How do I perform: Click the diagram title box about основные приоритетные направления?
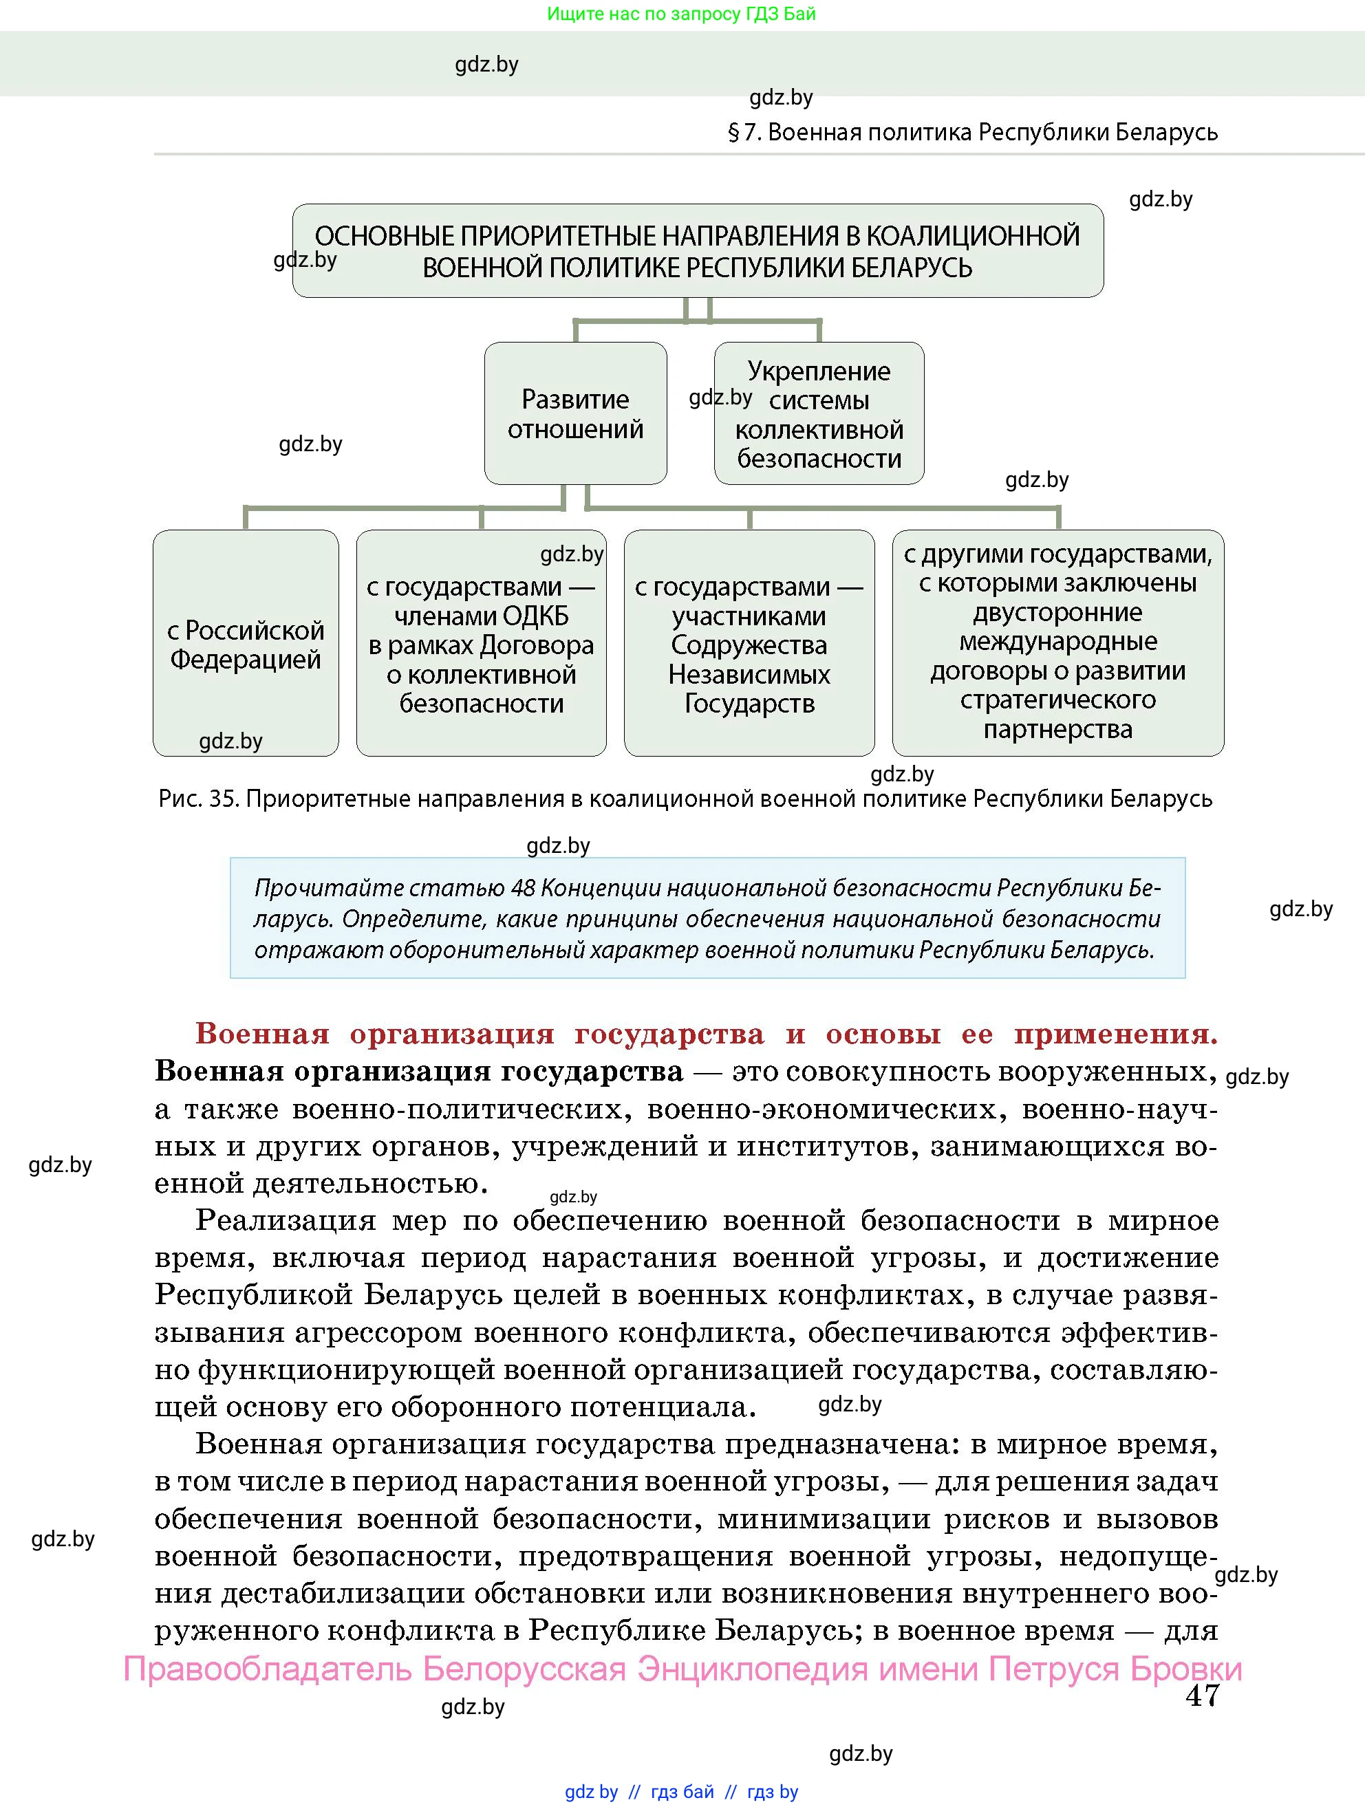tap(697, 251)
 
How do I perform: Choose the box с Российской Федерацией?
tap(246, 644)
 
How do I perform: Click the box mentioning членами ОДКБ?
tap(481, 644)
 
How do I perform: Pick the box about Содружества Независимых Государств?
tap(749, 644)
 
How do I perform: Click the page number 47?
tap(1201, 1696)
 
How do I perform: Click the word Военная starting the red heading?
tap(261, 1035)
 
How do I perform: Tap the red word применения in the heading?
tap(1115, 1035)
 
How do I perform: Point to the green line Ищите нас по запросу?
tap(680, 14)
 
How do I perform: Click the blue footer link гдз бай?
tap(682, 1792)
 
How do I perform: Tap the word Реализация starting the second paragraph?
tap(286, 1221)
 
